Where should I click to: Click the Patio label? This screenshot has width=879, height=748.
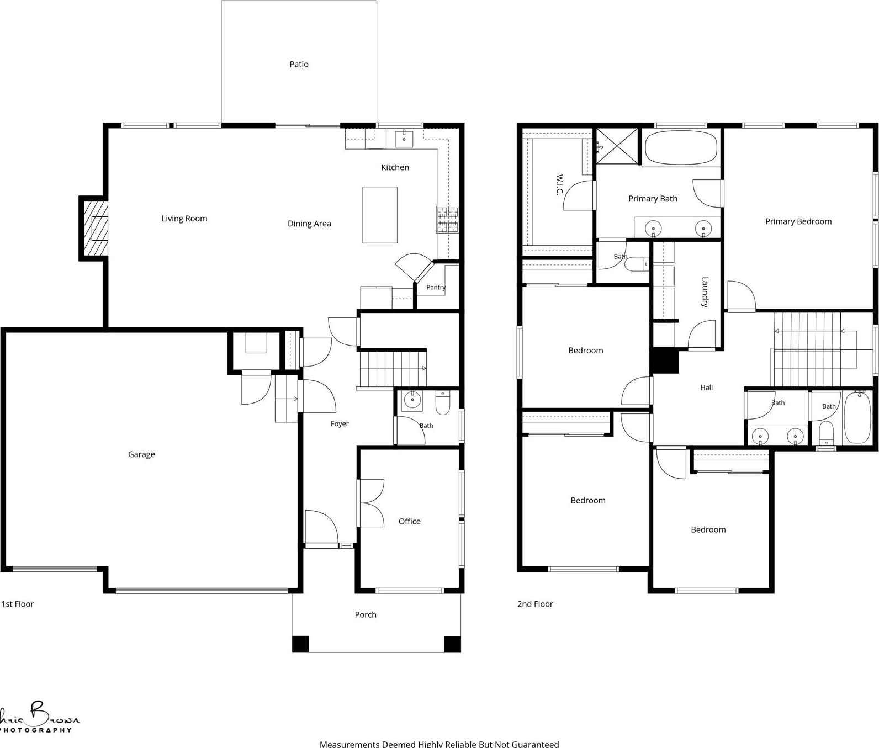pyautogui.click(x=299, y=65)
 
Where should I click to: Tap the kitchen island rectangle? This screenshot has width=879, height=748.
pyautogui.click(x=380, y=215)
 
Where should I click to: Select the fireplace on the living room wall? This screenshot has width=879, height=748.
pyautogui.click(x=94, y=228)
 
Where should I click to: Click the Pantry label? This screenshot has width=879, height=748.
pyautogui.click(x=436, y=287)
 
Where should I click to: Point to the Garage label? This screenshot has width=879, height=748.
pyautogui.click(x=141, y=454)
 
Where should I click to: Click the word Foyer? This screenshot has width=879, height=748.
pyautogui.click(x=340, y=424)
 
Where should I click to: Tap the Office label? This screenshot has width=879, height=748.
pyautogui.click(x=409, y=521)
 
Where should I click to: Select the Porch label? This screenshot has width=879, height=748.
pyautogui.click(x=366, y=614)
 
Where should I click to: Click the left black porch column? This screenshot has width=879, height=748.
pyautogui.click(x=300, y=644)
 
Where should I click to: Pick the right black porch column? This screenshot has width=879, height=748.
pyautogui.click(x=453, y=644)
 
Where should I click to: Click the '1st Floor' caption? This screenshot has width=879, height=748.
pyautogui.click(x=18, y=604)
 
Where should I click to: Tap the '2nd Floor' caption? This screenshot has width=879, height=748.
pyautogui.click(x=535, y=604)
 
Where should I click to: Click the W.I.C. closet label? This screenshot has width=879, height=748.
pyautogui.click(x=559, y=185)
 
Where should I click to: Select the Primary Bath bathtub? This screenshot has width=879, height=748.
pyautogui.click(x=681, y=147)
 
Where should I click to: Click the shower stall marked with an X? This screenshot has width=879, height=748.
pyautogui.click(x=617, y=146)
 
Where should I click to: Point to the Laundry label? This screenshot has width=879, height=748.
pyautogui.click(x=705, y=292)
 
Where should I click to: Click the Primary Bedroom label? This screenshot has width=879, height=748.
pyautogui.click(x=798, y=221)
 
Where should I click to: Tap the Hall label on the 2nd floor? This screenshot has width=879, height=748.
pyautogui.click(x=706, y=388)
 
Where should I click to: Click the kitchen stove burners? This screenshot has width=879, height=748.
pyautogui.click(x=448, y=219)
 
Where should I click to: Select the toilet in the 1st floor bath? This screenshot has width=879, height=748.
pyautogui.click(x=443, y=403)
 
